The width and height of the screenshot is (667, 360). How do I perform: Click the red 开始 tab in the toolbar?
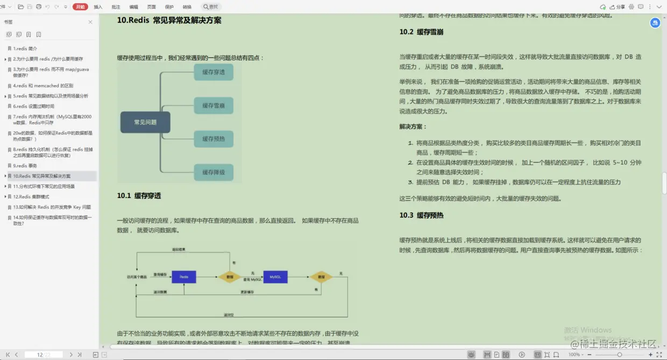(80, 7)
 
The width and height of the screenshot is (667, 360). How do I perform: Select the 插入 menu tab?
(98, 7)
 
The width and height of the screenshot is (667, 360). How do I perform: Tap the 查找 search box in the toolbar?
(211, 7)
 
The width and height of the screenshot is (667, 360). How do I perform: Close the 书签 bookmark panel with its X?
(90, 22)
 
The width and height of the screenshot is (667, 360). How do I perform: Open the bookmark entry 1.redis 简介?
(25, 48)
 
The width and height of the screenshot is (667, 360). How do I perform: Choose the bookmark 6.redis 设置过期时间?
(33, 106)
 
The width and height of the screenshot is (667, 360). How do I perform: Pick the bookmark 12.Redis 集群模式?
(31, 196)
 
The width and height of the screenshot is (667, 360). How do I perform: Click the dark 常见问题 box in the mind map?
(145, 122)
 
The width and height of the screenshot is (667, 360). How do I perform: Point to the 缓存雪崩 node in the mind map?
(214, 105)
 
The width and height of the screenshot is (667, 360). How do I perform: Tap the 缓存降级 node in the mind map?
(214, 172)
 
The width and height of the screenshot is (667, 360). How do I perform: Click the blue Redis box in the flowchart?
(184, 277)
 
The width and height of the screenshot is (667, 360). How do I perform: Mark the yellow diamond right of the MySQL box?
(321, 277)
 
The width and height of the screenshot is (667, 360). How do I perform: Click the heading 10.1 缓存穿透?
(139, 195)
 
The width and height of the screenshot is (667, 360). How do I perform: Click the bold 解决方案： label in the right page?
(413, 126)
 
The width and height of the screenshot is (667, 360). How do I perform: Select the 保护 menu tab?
(169, 7)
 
